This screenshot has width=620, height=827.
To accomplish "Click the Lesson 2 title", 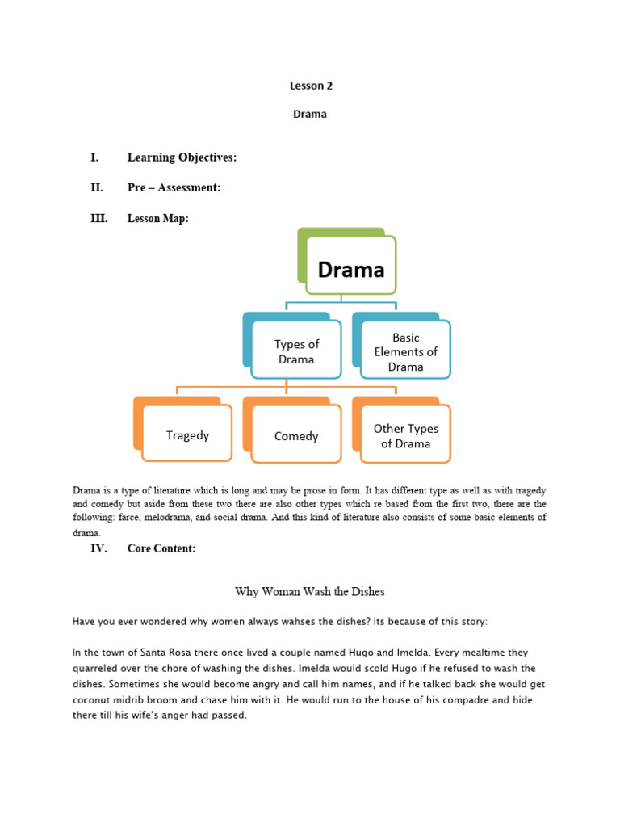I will point(310,85).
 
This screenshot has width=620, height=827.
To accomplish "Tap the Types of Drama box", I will point(296,351).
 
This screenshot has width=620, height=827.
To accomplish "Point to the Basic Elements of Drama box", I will point(405,351).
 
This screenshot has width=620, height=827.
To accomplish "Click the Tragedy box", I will point(187,435).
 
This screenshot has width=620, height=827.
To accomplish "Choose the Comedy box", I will point(296,436).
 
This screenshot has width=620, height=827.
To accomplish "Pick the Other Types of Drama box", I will point(405,435).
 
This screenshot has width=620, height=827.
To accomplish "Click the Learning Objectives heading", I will point(182,157).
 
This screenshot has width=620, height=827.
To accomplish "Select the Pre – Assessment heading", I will point(174,187).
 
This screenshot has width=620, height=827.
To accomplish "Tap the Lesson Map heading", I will point(157,218).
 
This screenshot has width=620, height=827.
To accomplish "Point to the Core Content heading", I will point(161,548).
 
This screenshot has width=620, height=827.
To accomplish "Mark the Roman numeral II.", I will point(97,187).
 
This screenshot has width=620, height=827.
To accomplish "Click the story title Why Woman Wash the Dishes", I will point(310,592).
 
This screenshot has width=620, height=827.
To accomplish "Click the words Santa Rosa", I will point(161,652).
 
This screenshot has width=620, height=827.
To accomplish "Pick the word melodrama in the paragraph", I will point(195,518).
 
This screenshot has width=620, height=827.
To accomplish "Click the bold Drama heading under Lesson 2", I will point(310,115).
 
